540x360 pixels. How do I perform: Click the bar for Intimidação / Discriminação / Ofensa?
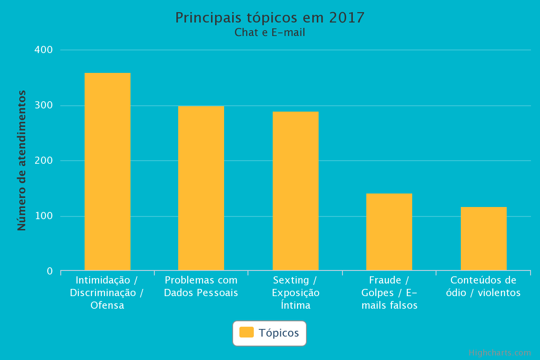point(108,171)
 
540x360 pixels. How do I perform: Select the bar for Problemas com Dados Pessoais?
point(201,188)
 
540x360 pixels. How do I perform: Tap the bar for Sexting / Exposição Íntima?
point(296,191)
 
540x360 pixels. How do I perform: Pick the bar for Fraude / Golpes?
point(389,232)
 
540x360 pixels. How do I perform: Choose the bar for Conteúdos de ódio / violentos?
point(484,238)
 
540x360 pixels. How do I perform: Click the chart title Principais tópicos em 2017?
point(270,18)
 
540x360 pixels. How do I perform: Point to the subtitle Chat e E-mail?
point(270,32)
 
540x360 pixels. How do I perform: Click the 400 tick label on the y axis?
point(44,49)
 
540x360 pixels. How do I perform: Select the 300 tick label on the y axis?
point(44,105)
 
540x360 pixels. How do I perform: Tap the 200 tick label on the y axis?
point(44,161)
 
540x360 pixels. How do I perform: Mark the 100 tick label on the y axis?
point(44,216)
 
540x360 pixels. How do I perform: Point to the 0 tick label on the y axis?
point(50,271)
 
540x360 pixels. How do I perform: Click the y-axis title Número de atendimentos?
point(22,161)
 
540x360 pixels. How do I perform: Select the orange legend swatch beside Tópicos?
point(246,332)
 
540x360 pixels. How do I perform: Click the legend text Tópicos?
point(279,333)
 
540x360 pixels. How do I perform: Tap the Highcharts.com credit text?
point(499,353)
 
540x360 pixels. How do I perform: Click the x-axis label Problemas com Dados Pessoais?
point(201,287)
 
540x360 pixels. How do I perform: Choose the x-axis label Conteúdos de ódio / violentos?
point(483,287)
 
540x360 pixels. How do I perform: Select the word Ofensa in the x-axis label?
point(107,306)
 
